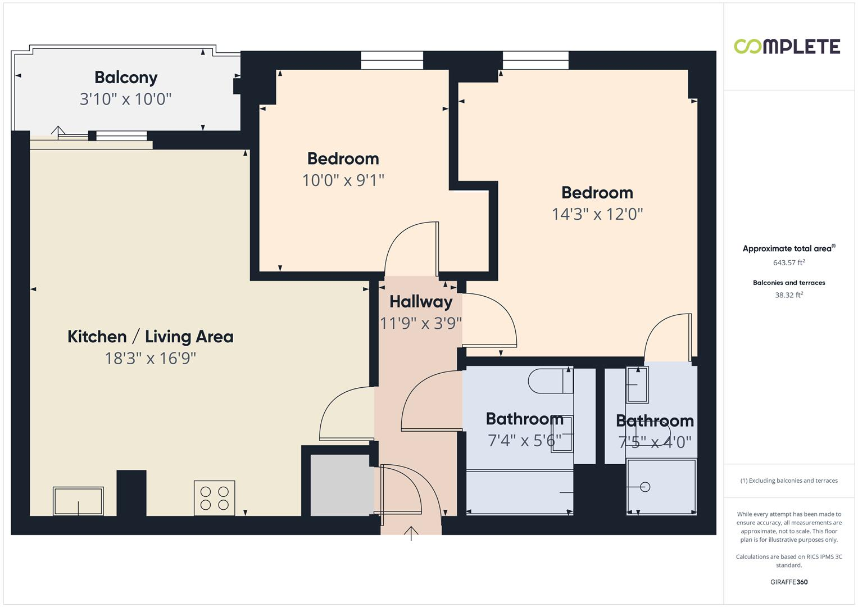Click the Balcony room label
coord(126,78)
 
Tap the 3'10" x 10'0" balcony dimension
coord(125,99)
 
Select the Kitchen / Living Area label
coord(150,337)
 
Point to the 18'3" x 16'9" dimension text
coord(150,358)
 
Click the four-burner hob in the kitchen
coord(214,497)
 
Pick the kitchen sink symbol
coord(78,501)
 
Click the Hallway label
coord(421,302)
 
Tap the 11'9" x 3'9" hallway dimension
coord(421,323)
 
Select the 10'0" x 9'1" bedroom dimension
coord(343,180)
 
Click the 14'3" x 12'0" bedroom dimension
coord(597,214)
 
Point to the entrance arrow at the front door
coord(411,533)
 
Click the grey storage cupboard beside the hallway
coord(339,484)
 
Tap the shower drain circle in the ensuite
coord(645,487)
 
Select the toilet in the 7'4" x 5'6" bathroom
coord(548,381)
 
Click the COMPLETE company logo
coord(787,47)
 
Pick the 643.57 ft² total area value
coord(789,262)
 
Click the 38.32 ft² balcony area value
coord(789,295)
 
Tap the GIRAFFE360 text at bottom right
coord(789,582)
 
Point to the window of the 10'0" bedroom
coord(392,60)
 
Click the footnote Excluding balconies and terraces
coord(789,481)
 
